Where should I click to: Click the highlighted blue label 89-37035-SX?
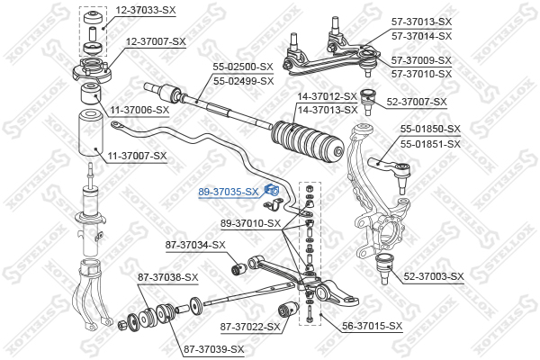coord(228,192)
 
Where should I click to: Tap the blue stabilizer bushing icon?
coord(272,190)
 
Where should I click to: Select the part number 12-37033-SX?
coord(146,10)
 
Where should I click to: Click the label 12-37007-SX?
coord(156,41)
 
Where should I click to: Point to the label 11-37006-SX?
coord(139,110)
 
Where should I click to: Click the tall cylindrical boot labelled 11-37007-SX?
coord(92,132)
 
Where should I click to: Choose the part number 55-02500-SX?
coord(243,67)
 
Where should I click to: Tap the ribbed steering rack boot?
coord(308,142)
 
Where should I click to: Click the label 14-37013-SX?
coord(328,110)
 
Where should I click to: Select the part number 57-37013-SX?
coord(421,22)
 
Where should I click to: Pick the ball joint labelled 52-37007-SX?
coord(367,102)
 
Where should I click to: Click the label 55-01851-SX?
coord(430,144)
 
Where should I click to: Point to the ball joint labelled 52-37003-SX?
coord(384,268)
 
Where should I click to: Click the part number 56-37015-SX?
coord(372,326)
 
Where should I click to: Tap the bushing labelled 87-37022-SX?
coord(288,310)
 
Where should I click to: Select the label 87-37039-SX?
coord(214,350)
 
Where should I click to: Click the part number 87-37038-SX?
coord(168,277)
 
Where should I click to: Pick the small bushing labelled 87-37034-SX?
coord(238,268)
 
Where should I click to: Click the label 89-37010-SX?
coord(250,223)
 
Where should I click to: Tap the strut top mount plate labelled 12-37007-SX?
coord(93,70)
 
